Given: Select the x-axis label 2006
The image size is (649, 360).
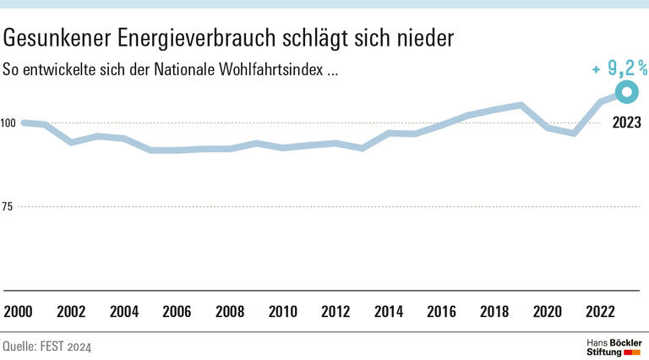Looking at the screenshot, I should click(177, 311).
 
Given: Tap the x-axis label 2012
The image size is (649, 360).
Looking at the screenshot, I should click(335, 311).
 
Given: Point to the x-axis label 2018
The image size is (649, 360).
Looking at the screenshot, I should click(494, 311).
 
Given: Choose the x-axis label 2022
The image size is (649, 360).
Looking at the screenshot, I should click(599, 311).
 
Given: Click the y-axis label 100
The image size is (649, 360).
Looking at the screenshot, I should click(8, 123).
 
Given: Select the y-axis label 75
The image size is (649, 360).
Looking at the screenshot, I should click(7, 207).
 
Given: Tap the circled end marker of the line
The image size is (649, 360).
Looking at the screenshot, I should click(626, 92).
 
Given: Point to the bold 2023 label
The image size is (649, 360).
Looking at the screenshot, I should click(626, 123).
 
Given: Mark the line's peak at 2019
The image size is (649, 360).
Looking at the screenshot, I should click(521, 106).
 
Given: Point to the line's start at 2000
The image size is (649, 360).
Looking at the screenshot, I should click(23, 123).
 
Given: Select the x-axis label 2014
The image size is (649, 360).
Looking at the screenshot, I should click(389, 311).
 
